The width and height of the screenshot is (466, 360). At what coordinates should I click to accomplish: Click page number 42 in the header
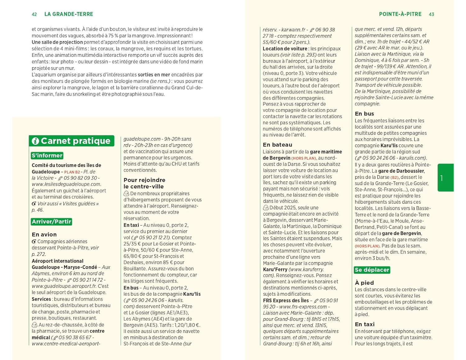[34, 14]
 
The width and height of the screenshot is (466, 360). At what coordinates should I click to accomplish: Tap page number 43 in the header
[431, 14]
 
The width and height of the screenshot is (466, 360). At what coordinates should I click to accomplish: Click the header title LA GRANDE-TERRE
[69, 14]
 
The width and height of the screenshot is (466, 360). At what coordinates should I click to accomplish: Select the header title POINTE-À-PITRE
[400, 14]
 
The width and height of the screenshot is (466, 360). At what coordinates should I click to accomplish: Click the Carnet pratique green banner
[72, 141]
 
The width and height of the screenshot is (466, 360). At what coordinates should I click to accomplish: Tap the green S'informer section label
[47, 156]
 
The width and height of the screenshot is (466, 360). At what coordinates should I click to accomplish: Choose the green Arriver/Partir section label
[52, 221]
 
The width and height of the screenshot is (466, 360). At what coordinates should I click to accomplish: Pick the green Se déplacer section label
[372, 270]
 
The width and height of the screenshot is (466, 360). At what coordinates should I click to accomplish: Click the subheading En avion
[44, 235]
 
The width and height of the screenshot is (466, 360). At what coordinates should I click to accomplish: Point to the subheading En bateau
[277, 145]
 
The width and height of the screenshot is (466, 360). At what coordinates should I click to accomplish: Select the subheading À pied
[364, 283]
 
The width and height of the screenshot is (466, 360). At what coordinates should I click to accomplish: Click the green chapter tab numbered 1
[445, 178]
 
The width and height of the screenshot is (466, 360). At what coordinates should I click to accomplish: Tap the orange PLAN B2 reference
[72, 172]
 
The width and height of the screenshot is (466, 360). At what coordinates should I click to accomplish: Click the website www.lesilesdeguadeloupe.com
[66, 184]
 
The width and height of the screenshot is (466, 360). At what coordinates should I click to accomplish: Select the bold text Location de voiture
[285, 49]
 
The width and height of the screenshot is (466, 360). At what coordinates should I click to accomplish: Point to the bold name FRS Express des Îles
[286, 300]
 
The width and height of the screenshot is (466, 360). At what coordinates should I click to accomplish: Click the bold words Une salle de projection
[57, 42]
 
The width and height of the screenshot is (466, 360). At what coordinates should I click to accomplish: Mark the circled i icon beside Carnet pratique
[35, 141]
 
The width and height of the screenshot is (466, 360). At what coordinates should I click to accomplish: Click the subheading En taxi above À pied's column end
[364, 324]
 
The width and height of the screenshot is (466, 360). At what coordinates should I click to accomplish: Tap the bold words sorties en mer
[154, 75]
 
